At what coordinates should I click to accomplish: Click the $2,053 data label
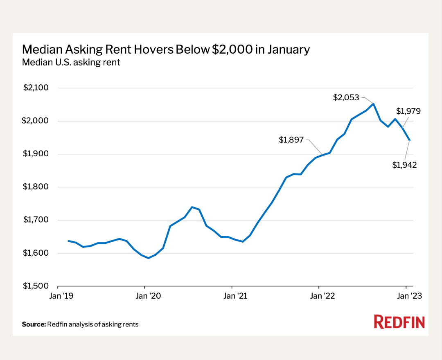pyautogui.click(x=346, y=98)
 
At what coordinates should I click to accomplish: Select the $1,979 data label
pyautogui.click(x=408, y=111)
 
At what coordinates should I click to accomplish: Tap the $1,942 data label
pyautogui.click(x=404, y=165)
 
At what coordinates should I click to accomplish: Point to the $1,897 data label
pyautogui.click(x=291, y=140)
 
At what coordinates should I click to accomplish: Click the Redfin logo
pyautogui.click(x=399, y=322)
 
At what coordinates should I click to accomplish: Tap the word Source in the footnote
pyautogui.click(x=34, y=324)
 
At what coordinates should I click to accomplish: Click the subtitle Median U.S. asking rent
pyautogui.click(x=71, y=63)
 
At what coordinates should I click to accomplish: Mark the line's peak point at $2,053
pyautogui.click(x=373, y=103)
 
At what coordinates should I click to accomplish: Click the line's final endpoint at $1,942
pyautogui.click(x=410, y=140)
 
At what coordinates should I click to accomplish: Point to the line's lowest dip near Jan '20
pyautogui.click(x=148, y=258)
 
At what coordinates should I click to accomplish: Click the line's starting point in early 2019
pyautogui.click(x=68, y=241)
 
